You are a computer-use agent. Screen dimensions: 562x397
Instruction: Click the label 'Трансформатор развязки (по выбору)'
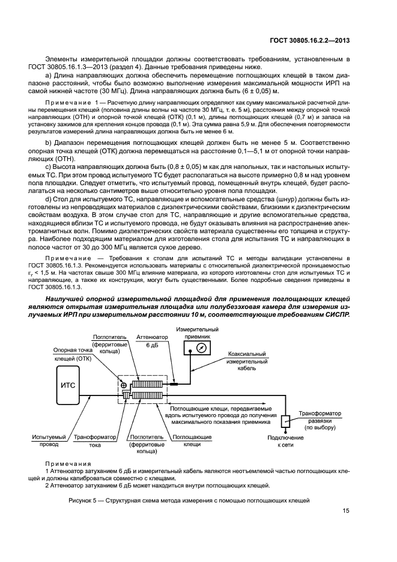pos(320,421)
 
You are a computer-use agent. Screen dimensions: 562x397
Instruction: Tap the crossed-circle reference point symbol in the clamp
pos(123,385)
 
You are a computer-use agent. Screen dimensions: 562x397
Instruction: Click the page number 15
pos(346,511)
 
